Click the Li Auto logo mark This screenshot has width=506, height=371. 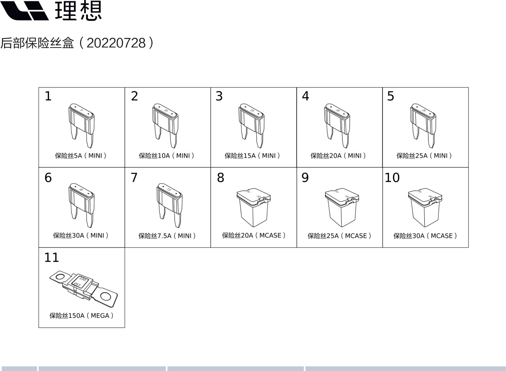25,11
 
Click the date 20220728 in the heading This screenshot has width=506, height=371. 116,43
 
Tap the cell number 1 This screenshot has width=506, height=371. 48,96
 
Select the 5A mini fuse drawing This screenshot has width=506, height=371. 81,126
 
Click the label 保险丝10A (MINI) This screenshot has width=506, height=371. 167,156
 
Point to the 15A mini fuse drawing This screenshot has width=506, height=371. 251,126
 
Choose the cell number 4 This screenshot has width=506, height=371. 305,96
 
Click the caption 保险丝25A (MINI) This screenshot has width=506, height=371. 424,156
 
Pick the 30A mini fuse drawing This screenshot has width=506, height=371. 81,205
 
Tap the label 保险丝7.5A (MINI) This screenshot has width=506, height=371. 167,236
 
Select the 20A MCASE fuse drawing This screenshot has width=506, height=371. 254,207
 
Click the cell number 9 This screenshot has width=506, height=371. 305,178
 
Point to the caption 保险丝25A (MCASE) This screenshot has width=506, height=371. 339,236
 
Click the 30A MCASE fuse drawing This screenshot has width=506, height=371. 425,207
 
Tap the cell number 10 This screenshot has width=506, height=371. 392,178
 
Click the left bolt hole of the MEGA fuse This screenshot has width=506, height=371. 60,277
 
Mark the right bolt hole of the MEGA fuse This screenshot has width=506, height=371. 106,296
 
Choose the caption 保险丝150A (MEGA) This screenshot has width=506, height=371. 81,315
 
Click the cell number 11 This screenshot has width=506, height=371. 51,258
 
